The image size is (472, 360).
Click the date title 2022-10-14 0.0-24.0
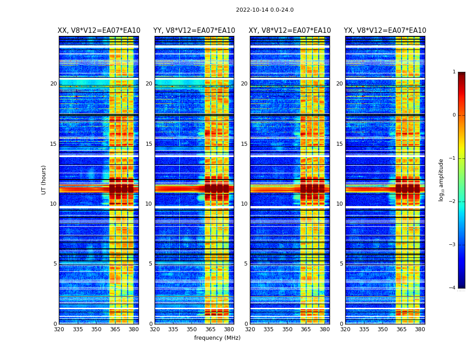pos(265,10)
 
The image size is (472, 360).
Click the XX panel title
pos(99,31)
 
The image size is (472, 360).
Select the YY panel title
pos(194,31)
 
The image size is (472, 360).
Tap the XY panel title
pos(290,31)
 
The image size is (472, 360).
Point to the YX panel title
pos(385,31)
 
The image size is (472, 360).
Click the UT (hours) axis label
pos(44,180)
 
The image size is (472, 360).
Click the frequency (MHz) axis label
pos(217,338)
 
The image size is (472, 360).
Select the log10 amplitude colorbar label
pos(441,180)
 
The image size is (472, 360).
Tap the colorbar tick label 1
pos(454,72)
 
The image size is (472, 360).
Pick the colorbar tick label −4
pos(453,288)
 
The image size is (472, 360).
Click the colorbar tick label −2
pos(453,202)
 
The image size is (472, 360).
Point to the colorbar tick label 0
pos(454,115)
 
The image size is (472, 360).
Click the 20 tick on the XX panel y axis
pos(53,84)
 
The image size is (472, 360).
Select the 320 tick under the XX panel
pos(59,329)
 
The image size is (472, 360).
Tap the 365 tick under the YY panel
pos(210,329)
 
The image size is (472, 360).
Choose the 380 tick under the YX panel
pos(420,329)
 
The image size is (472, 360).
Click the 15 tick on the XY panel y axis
pos(244,144)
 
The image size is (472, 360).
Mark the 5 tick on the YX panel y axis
pos(341,264)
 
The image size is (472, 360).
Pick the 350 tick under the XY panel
pos(287,329)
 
